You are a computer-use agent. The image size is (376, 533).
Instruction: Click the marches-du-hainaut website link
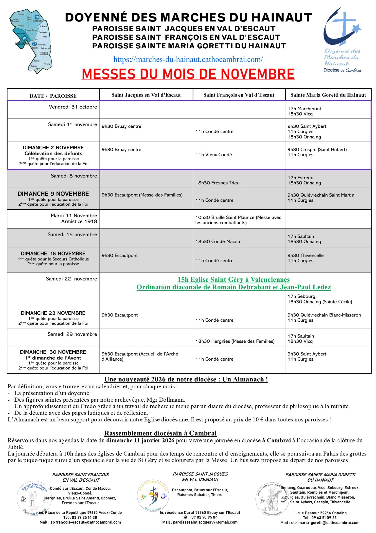tap(188, 59)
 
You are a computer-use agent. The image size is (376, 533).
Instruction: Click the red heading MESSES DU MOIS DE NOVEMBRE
tap(188, 74)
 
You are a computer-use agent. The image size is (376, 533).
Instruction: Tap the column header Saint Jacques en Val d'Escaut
tap(146, 95)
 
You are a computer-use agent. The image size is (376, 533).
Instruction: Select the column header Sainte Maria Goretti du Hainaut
tap(328, 95)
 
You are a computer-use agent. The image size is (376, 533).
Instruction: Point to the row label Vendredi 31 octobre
tap(73, 107)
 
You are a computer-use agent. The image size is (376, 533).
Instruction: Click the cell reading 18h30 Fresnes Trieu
tap(217, 183)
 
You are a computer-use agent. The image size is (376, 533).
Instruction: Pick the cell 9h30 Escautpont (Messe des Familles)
tap(142, 195)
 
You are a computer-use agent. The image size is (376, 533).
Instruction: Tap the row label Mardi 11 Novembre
tap(74, 216)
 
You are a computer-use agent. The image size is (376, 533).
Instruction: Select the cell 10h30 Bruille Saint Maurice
tap(238, 220)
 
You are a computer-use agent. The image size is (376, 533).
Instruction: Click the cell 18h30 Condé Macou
tap(218, 242)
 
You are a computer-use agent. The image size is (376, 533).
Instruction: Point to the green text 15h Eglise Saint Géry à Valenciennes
tap(234, 280)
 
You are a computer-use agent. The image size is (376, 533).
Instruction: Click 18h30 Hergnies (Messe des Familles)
tap(235, 341)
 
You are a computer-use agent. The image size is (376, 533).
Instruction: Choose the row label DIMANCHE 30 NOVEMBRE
tap(53, 352)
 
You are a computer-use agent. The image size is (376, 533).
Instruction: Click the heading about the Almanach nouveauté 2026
tap(186, 379)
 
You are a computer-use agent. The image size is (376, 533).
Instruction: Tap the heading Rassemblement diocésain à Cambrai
tap(160, 433)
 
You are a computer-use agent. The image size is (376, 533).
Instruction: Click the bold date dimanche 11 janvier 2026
tap(140, 440)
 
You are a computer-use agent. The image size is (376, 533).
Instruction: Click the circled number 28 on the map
tap(37, 17)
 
